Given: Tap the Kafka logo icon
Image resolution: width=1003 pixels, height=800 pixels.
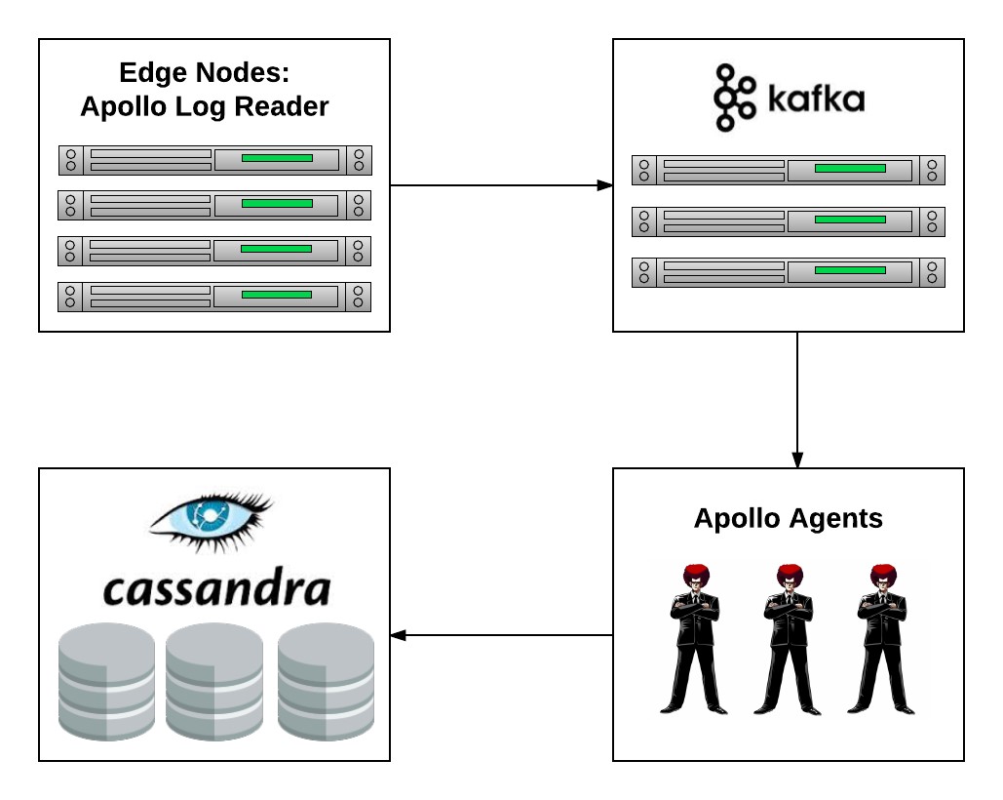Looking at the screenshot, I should point(734,98).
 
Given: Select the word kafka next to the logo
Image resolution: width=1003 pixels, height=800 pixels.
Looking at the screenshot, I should point(815,100).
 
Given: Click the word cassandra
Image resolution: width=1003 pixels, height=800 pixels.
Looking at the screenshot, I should point(216,588).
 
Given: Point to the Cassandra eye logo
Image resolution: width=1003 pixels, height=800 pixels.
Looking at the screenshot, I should point(211,519).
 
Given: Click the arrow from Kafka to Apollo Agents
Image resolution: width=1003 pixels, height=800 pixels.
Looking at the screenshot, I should point(797,400).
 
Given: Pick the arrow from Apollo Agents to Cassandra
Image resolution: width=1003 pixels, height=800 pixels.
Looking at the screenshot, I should point(501,636).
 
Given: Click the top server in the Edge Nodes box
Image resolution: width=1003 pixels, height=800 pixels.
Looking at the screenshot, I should point(214,160).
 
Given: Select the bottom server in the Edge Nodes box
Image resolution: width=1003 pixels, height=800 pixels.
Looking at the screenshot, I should point(214,297).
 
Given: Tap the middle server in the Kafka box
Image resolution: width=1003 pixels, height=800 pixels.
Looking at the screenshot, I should point(789,221).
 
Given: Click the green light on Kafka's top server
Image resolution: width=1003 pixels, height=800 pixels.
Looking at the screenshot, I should point(850,169).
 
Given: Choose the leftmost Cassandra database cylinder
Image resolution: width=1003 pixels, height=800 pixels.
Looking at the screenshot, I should point(107,680).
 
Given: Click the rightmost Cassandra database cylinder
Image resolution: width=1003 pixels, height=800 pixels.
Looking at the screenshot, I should point(327,680).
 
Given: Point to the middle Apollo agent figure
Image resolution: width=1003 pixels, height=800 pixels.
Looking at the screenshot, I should point(788,639).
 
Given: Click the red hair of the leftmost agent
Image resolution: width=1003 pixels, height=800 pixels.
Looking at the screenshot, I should point(695,573).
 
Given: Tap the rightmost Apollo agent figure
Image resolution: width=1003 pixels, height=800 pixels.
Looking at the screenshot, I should point(881,639).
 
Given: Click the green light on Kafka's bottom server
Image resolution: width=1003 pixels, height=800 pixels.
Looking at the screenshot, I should point(850,270).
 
